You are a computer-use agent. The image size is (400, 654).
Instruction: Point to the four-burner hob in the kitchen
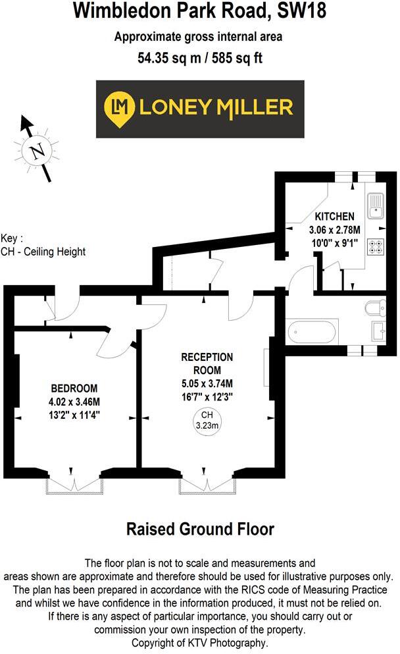click(377, 246)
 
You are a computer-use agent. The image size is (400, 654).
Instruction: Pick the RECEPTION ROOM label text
click(207, 363)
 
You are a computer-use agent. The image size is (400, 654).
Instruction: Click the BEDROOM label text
click(75, 387)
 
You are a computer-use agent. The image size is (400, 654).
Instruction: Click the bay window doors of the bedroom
click(72, 485)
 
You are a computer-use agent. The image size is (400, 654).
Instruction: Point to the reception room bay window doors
click(208, 485)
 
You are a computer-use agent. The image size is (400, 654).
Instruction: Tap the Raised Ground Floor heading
click(200, 529)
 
